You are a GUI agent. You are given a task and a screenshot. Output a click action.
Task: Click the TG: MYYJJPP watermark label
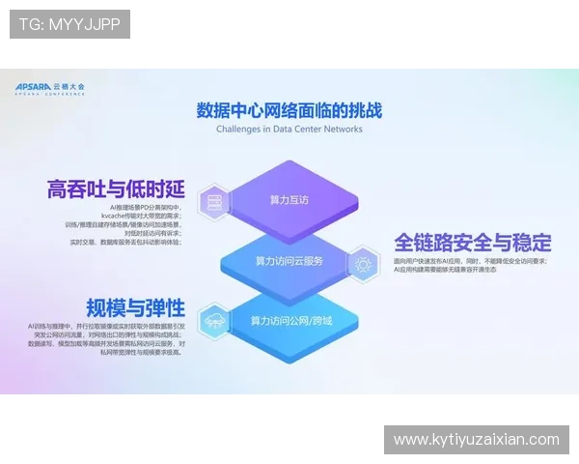69,24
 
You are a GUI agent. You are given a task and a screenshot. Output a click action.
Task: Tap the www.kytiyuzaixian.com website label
477,440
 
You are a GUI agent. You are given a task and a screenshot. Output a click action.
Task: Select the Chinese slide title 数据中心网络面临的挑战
289,109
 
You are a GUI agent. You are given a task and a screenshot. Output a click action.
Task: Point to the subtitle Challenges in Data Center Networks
289,129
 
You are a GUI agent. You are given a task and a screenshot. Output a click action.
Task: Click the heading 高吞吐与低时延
115,188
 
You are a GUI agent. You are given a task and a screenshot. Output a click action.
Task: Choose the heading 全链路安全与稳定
472,243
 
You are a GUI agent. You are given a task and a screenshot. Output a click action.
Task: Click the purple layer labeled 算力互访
289,200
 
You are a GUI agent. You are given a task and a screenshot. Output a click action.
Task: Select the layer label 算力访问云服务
289,261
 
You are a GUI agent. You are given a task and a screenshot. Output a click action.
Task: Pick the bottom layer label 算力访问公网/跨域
290,320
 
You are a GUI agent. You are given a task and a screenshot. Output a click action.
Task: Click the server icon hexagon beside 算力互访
211,201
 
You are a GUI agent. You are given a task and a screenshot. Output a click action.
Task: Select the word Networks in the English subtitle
343,129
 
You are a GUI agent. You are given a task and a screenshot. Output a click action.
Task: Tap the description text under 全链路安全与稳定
470,266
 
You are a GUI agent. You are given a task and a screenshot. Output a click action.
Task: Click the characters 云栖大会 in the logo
75,86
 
